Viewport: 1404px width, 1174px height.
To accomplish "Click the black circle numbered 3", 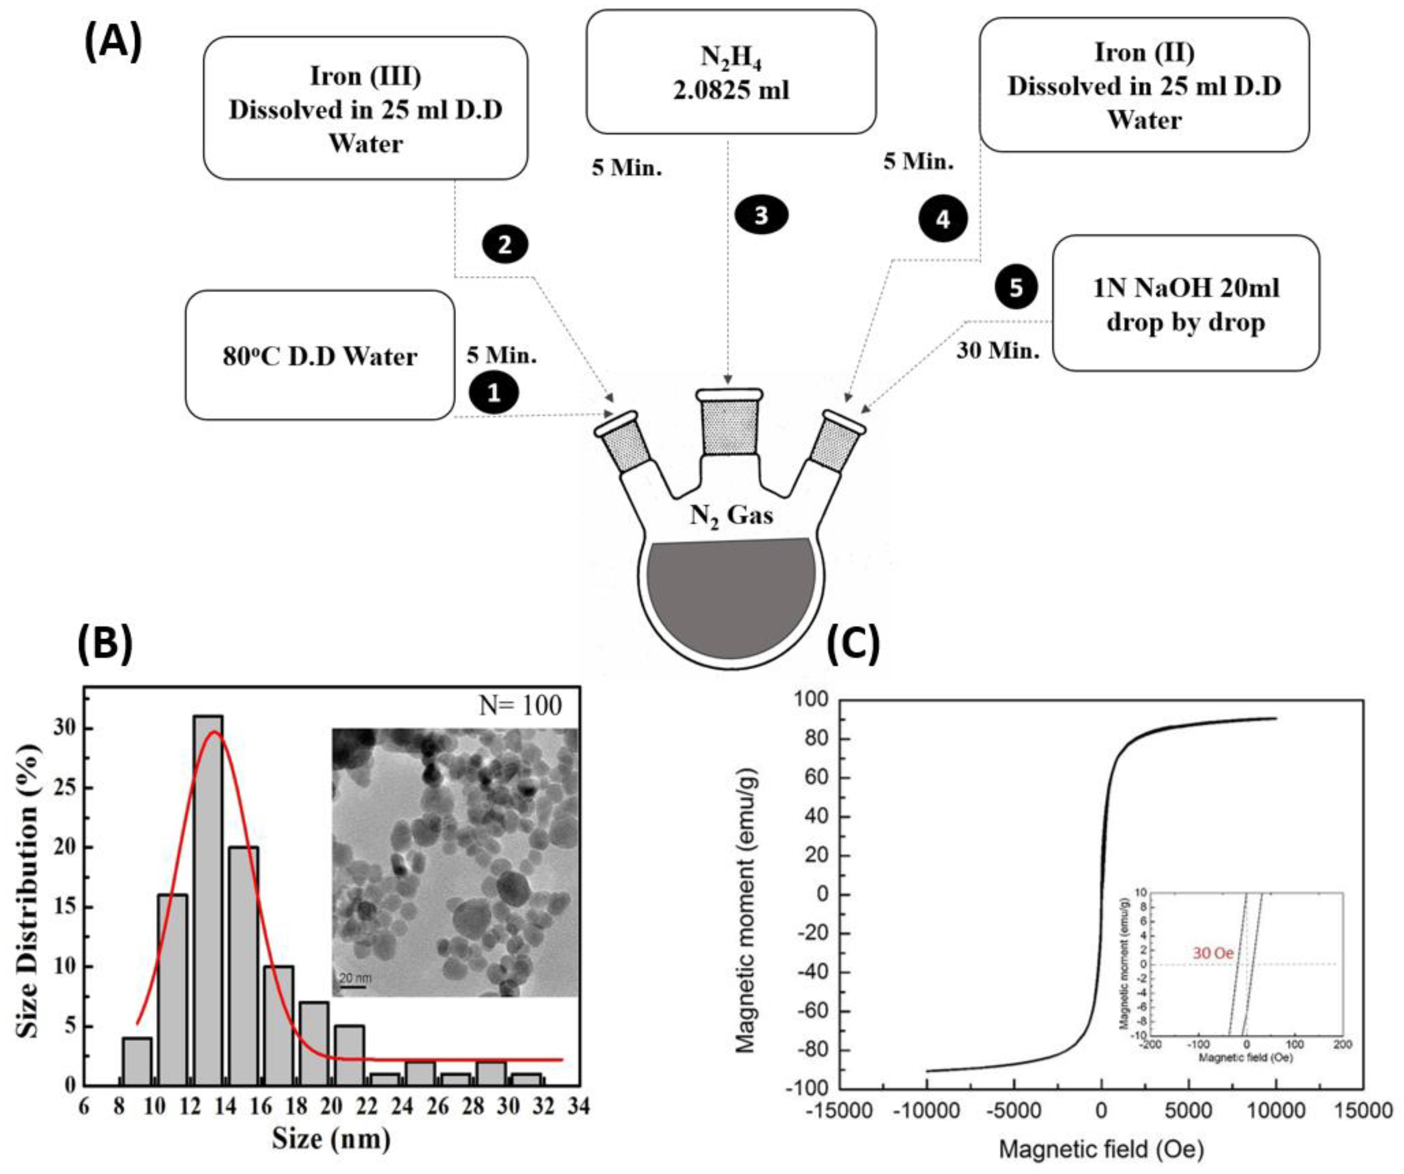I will [761, 215].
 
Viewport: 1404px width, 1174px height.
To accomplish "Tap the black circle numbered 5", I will [1015, 288].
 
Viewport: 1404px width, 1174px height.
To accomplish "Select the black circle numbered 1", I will [493, 392].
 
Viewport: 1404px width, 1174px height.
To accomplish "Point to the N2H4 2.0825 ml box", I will [731, 72].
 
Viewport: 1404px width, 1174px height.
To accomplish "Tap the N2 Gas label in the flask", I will [731, 516].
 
